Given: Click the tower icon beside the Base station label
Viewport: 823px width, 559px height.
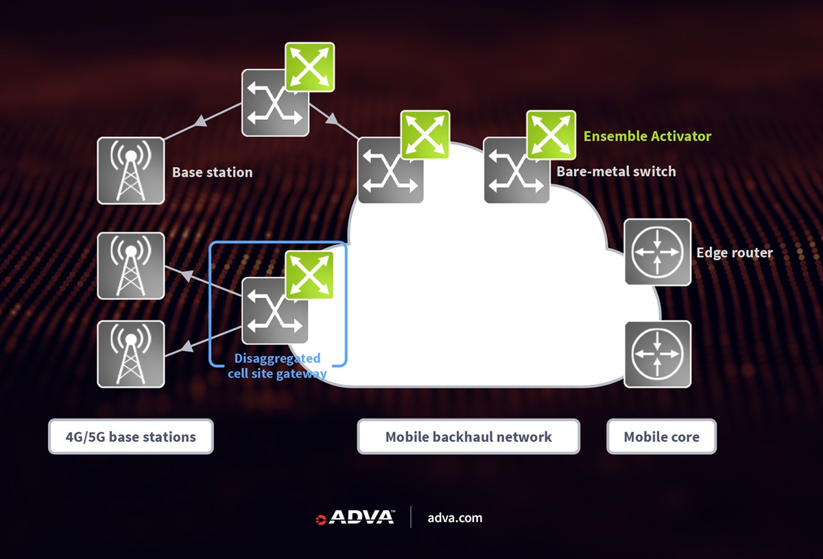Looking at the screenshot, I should [130, 171].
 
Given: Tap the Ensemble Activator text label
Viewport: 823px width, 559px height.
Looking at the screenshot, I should [647, 136].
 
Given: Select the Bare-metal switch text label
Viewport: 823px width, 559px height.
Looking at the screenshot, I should [616, 171].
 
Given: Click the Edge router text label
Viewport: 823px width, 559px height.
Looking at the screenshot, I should [735, 253].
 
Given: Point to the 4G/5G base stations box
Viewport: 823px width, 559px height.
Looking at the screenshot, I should [130, 437].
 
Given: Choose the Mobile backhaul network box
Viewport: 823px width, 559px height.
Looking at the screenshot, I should [468, 437].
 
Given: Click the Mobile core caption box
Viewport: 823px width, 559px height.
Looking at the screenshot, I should [661, 437].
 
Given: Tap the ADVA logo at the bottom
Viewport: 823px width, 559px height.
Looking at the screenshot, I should [355, 517].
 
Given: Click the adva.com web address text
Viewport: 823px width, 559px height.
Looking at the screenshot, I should [455, 518].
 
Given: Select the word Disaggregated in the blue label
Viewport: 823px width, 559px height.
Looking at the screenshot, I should [277, 358].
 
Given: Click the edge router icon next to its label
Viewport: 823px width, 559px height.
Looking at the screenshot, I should [657, 252].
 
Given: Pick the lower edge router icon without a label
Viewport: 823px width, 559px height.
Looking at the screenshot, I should [657, 354].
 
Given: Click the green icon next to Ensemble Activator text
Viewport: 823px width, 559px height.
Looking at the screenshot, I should [551, 135].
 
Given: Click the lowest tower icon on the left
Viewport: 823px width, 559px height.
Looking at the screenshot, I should [130, 354].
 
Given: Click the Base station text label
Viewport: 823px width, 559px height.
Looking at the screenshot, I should [212, 172].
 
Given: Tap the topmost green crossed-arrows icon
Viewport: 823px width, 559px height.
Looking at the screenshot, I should [309, 66].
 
